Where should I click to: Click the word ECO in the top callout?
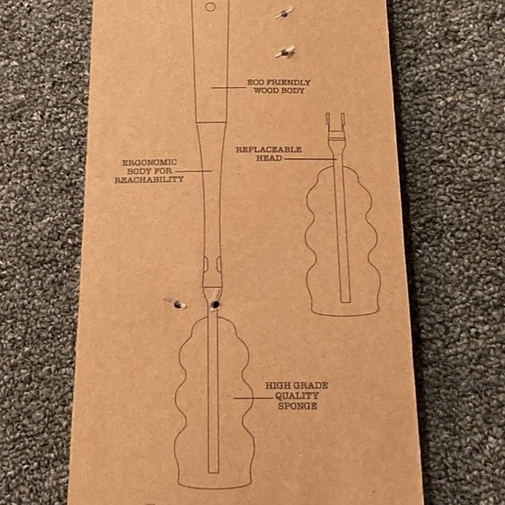tap(254, 82)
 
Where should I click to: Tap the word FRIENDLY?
tap(287, 83)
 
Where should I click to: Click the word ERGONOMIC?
tap(150, 162)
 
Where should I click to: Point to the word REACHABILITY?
tap(149, 179)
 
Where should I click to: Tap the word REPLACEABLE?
tap(268, 150)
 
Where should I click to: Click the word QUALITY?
tap(297, 396)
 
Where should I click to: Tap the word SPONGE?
tap(297, 406)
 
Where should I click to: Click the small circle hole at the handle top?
tap(210, 7)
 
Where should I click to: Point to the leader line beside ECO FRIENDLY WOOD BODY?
tap(228, 87)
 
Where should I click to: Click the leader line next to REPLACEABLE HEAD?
tap(311, 158)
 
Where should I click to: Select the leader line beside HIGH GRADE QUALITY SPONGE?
tap(253, 398)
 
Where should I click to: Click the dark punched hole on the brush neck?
tap(215, 304)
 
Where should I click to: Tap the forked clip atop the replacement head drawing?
tap(335, 126)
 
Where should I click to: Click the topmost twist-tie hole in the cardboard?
tap(285, 12)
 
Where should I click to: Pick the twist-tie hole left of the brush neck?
tap(176, 303)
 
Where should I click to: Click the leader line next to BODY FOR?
tap(193, 171)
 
